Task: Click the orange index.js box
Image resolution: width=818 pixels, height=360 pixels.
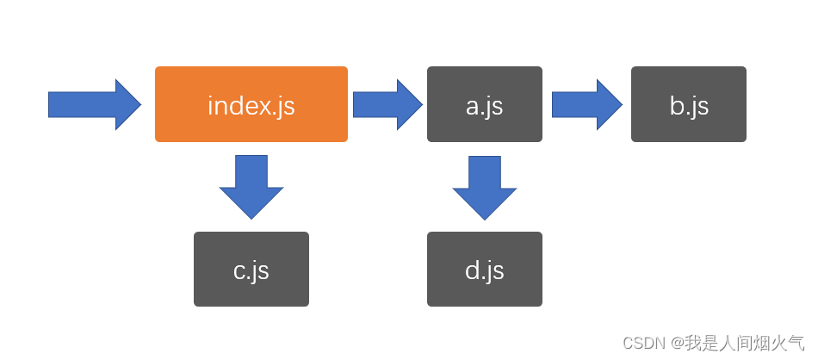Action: pyautogui.click(x=251, y=104)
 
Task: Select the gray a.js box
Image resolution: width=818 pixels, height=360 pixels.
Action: pyautogui.click(x=484, y=104)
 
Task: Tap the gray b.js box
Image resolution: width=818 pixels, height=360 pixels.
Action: pyautogui.click(x=688, y=104)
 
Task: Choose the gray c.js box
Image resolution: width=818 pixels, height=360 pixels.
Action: pyautogui.click(x=251, y=269)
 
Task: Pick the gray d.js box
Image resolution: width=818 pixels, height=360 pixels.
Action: pyautogui.click(x=484, y=269)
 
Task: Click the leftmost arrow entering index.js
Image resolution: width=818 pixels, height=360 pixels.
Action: pyautogui.click(x=93, y=105)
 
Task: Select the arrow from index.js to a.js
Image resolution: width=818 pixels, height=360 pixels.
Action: pyautogui.click(x=387, y=105)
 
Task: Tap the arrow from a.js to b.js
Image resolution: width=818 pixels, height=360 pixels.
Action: pyautogui.click(x=586, y=105)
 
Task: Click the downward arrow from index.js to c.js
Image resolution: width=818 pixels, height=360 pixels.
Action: pyautogui.click(x=251, y=186)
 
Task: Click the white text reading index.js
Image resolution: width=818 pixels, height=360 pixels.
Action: pyautogui.click(x=251, y=106)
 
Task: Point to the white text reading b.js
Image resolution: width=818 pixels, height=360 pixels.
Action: pyautogui.click(x=689, y=106)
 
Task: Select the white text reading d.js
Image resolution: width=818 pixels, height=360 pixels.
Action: pyautogui.click(x=484, y=270)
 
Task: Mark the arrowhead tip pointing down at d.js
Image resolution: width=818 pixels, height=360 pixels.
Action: pyautogui.click(x=484, y=218)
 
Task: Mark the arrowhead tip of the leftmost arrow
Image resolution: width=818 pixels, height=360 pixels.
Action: pyautogui.click(x=139, y=105)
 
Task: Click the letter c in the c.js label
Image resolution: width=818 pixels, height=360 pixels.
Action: pyautogui.click(x=239, y=272)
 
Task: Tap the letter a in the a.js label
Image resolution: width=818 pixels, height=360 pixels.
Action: pyautogui.click(x=472, y=108)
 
